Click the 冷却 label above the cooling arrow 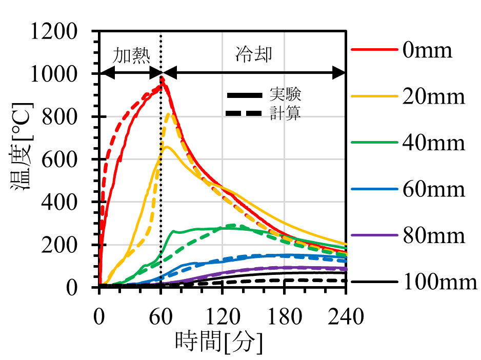(253, 54)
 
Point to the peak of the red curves (162, 78)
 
